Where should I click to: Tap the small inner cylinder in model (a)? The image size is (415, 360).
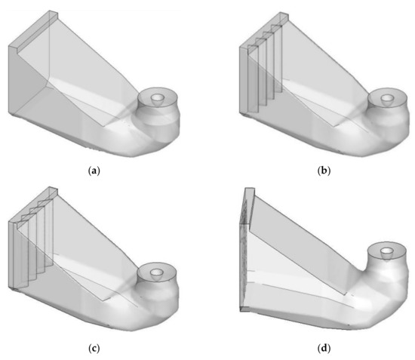coord(159,99)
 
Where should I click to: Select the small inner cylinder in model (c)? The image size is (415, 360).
coord(157,272)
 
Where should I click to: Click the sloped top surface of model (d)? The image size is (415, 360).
coord(317,219)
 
